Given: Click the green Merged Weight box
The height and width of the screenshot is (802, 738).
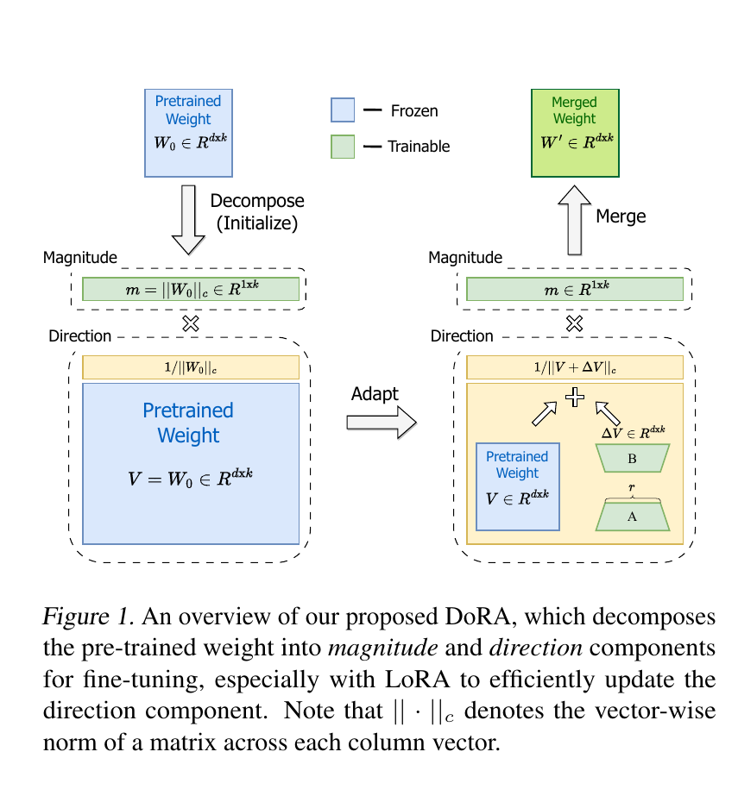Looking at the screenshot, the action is (575, 133).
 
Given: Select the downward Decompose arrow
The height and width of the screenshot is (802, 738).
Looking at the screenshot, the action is (188, 219).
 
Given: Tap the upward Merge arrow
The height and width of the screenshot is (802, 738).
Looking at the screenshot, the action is (574, 219).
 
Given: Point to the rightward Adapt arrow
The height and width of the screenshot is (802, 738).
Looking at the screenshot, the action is (382, 423).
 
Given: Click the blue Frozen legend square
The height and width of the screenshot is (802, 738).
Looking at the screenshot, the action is (343, 110).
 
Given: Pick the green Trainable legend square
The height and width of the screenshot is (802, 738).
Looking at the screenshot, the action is (343, 147).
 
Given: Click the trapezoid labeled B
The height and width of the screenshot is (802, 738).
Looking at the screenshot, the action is (632, 458).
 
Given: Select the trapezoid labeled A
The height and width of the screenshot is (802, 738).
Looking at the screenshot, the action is (632, 516).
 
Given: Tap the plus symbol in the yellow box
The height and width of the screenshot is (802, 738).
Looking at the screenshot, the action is (574, 398).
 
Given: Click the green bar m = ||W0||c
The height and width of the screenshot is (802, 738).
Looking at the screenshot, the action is (191, 289).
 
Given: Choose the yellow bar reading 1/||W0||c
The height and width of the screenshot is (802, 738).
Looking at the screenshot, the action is (191, 367).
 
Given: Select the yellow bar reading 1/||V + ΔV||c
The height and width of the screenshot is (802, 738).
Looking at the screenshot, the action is (574, 367).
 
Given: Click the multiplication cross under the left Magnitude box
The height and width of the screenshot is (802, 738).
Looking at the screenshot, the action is (191, 323).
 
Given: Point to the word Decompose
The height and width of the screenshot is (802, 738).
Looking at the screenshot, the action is (257, 201).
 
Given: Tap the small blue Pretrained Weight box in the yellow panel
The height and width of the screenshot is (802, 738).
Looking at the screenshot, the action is (517, 486).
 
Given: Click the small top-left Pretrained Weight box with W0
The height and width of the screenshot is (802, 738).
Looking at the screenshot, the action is (188, 133).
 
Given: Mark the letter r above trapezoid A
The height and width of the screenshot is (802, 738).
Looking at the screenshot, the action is (632, 487).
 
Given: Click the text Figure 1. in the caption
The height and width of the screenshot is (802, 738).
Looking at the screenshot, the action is (89, 617).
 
